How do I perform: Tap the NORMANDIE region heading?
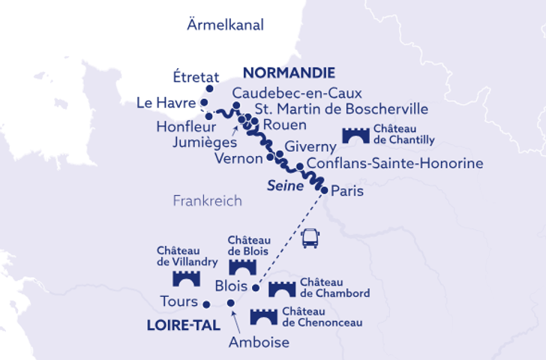pos(288,73)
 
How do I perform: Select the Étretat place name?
pos(196,77)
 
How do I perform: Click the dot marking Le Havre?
pos(203,102)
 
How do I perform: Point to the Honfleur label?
pos(181,127)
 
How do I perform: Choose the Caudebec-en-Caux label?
pos(297,94)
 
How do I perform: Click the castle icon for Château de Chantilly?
pos(356,135)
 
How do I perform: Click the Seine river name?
pos(286,184)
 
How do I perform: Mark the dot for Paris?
pos(324,190)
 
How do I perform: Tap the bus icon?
pos(310,239)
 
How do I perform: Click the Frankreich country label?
pos(207,201)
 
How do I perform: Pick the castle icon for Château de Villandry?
pos(186,278)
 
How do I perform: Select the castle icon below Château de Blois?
pos(242,266)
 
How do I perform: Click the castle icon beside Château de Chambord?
pos(281,289)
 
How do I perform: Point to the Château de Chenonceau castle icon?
pos(264,317)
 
